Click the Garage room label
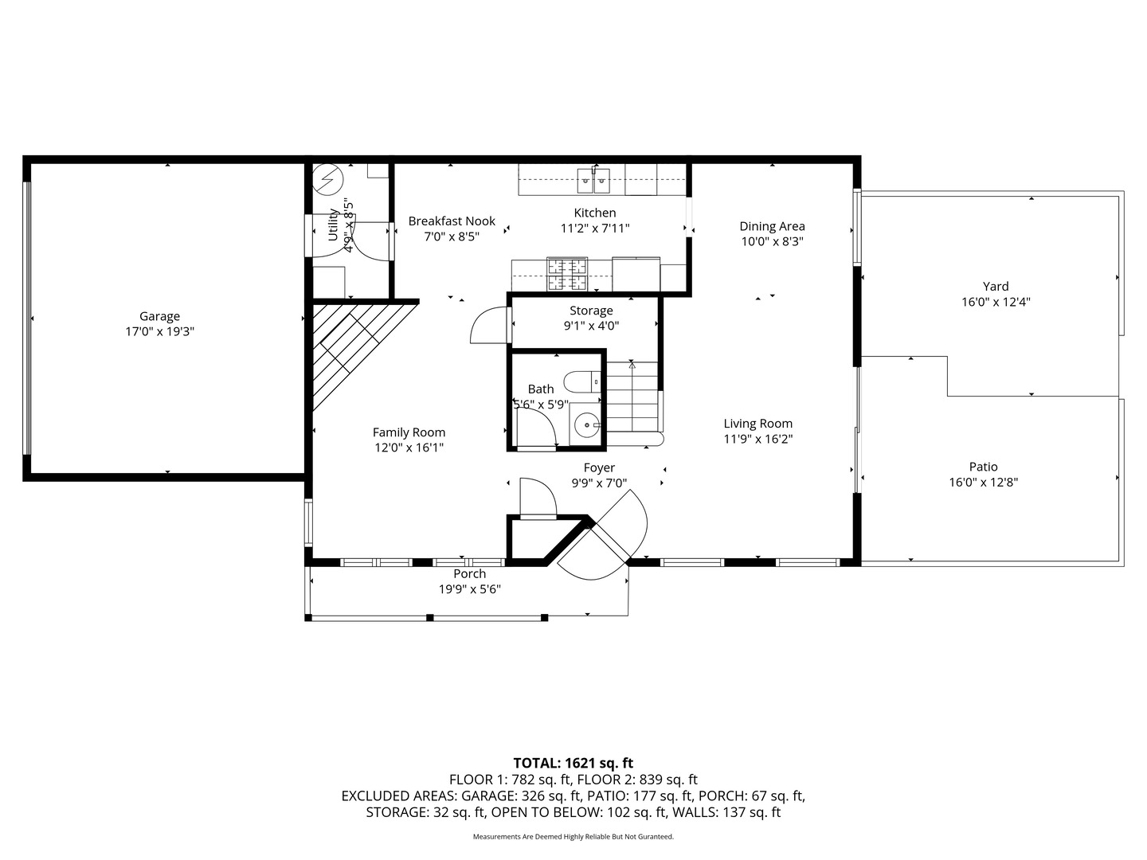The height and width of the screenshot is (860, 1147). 159,316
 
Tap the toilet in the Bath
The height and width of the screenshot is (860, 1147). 582,381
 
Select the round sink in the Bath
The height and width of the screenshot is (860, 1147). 587,425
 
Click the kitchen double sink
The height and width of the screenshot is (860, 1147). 593,180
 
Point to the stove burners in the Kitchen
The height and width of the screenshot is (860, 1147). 567,274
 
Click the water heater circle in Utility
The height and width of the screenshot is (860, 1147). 327,180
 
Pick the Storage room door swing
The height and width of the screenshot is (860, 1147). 488,325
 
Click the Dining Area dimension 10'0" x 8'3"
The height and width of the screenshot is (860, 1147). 772,241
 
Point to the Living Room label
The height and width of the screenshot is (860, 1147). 757,424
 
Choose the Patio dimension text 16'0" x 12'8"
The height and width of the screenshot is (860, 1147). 984,482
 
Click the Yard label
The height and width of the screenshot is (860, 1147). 996,286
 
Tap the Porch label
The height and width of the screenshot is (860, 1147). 470,574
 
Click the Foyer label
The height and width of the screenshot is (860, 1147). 599,468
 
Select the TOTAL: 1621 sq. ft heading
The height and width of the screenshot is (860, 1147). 573,763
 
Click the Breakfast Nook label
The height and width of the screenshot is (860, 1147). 452,221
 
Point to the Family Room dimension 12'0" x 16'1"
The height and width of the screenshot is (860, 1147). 409,448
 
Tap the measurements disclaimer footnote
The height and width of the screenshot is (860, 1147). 573,836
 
